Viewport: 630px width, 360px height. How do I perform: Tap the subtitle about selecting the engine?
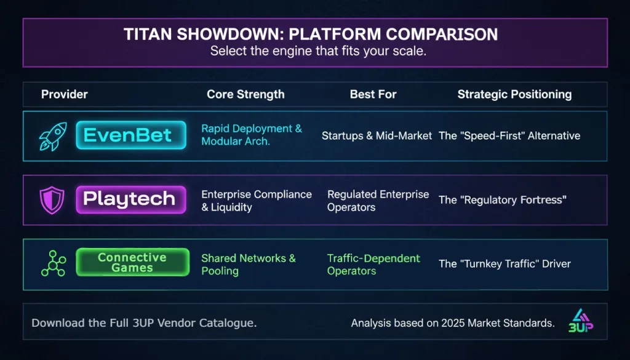(317, 51)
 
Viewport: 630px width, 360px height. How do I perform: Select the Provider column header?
(65, 94)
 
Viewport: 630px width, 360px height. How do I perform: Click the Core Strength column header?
(245, 94)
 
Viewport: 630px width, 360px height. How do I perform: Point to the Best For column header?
(373, 94)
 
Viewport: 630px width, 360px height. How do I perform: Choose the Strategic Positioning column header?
(514, 94)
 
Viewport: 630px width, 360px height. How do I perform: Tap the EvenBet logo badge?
(130, 135)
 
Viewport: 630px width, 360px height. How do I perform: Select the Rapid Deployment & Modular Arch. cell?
(252, 135)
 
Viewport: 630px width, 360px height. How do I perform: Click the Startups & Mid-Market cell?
(377, 135)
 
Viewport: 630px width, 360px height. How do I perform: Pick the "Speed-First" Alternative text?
(509, 135)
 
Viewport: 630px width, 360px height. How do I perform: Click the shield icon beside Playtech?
(51, 200)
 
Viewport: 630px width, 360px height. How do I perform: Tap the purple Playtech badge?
(130, 199)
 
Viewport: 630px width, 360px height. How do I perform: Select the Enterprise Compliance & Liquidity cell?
(256, 201)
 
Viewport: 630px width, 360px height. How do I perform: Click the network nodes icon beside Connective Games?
(52, 263)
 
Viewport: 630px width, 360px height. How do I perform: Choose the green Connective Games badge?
(132, 262)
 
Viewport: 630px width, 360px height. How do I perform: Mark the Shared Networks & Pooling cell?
(248, 265)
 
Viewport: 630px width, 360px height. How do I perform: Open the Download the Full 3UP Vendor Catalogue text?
(144, 323)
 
